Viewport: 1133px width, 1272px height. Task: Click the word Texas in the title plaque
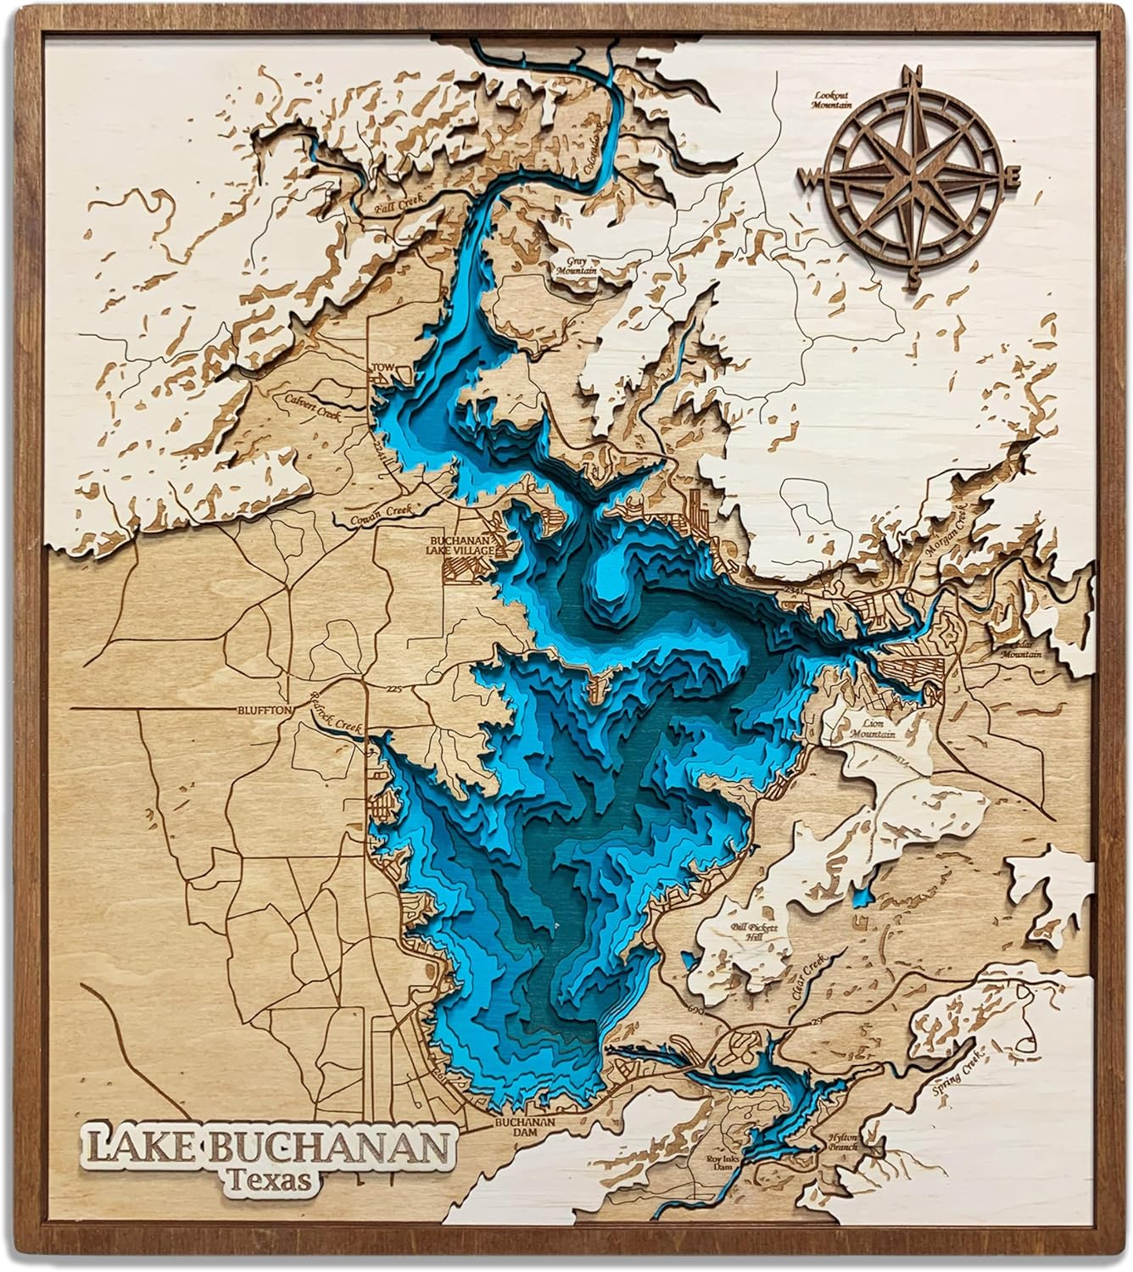269,1180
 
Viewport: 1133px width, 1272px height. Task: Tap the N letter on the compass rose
915,75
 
